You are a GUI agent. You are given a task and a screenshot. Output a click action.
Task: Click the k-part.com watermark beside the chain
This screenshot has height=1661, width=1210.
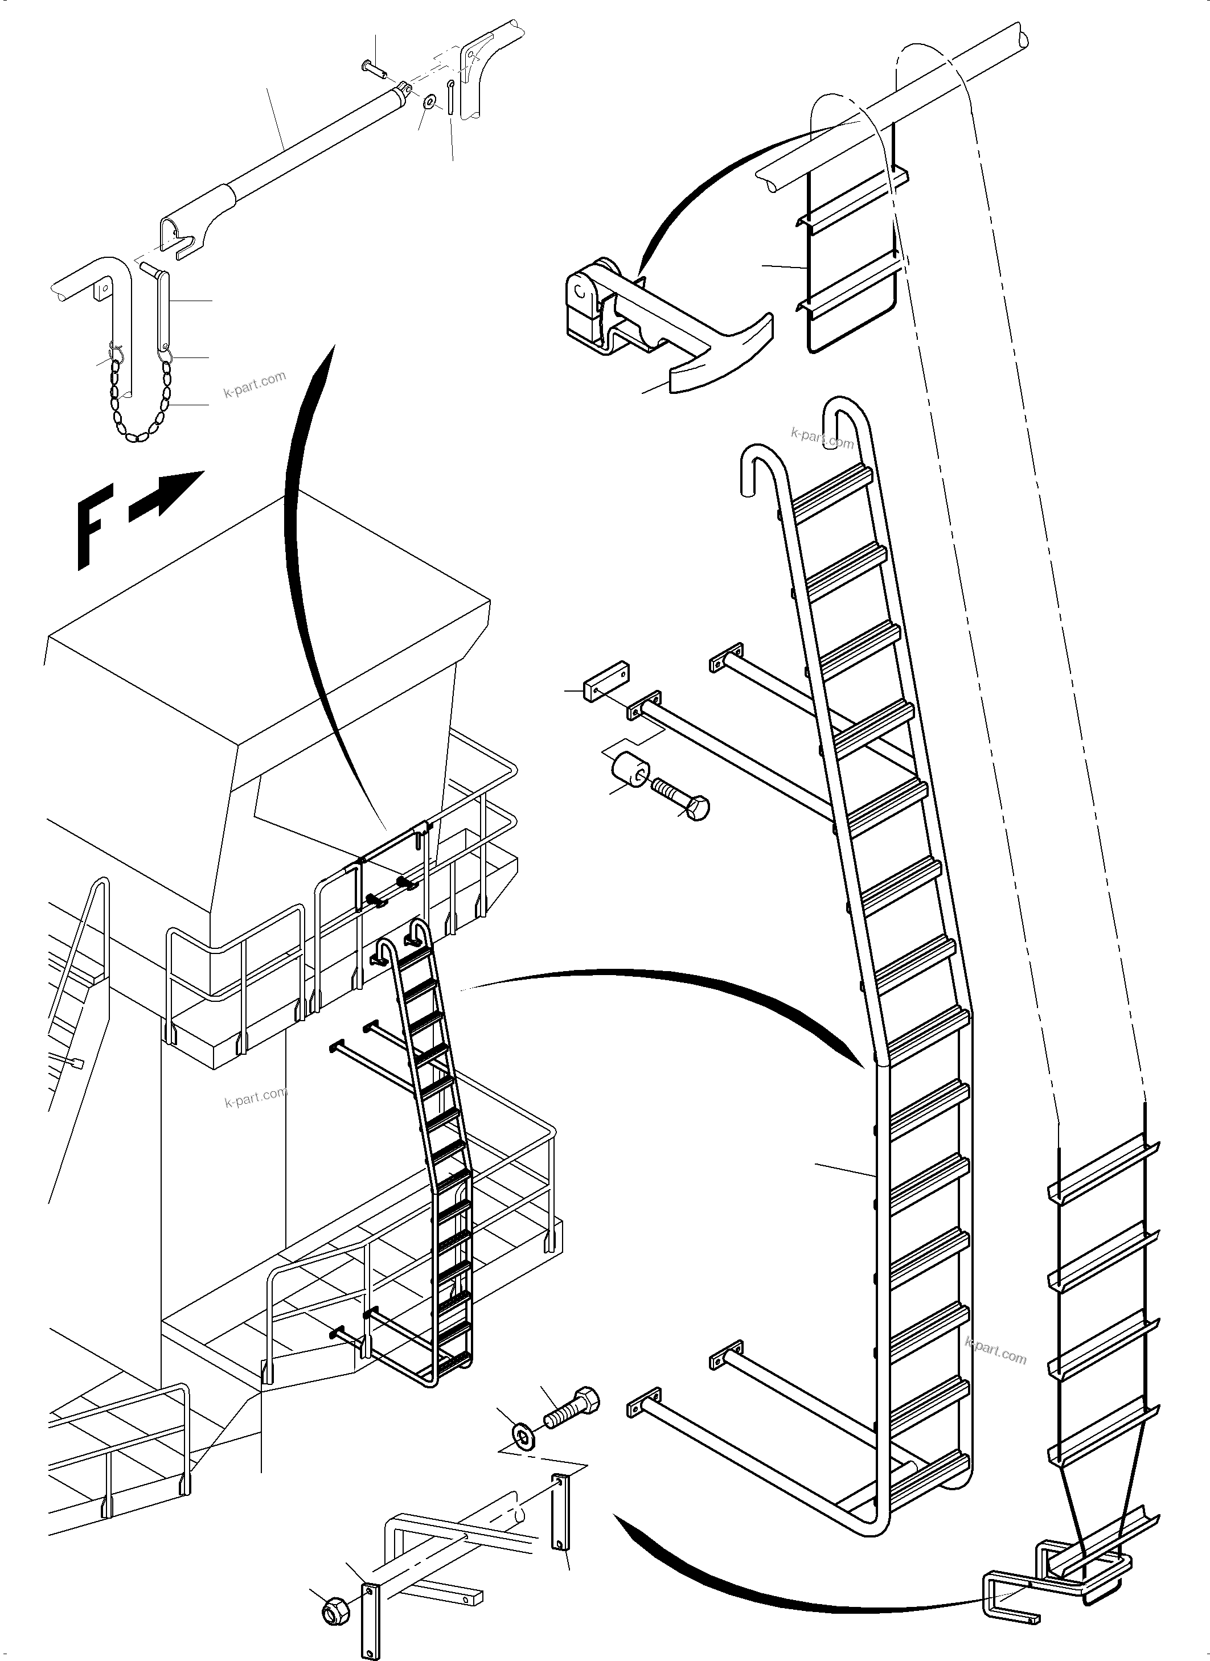254,384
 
